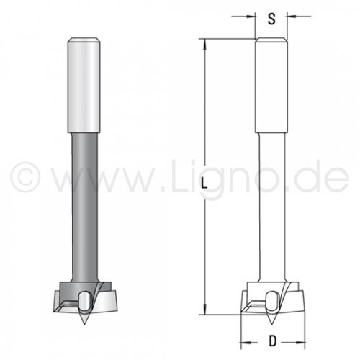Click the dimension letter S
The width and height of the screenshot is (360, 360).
[x=271, y=19]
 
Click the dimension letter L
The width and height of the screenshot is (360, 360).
[x=204, y=184]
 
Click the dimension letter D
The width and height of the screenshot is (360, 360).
[x=272, y=341]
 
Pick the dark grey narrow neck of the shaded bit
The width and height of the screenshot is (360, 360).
[x=85, y=207]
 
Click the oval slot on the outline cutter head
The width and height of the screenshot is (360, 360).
[x=271, y=301]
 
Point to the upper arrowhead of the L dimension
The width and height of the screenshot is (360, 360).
[x=204, y=44]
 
